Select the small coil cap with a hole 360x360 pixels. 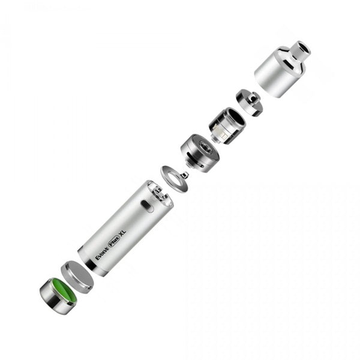[x=248, y=101]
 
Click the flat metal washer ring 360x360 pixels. [x=173, y=178]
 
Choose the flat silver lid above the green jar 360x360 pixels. [x=78, y=275]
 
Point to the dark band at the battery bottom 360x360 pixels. [x=90, y=263]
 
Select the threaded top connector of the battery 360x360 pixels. [x=160, y=193]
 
